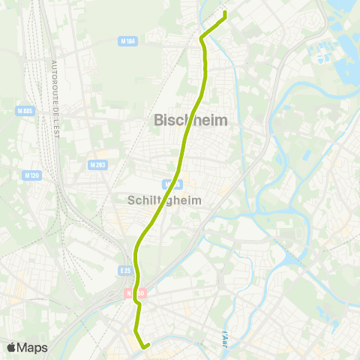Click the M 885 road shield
pyautogui.click(x=25, y=111)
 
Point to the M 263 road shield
pyautogui.click(x=97, y=165)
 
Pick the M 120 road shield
pyautogui.click(x=31, y=175)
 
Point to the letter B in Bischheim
pyautogui.click(x=158, y=119)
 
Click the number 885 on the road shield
pyautogui.click(x=28, y=111)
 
